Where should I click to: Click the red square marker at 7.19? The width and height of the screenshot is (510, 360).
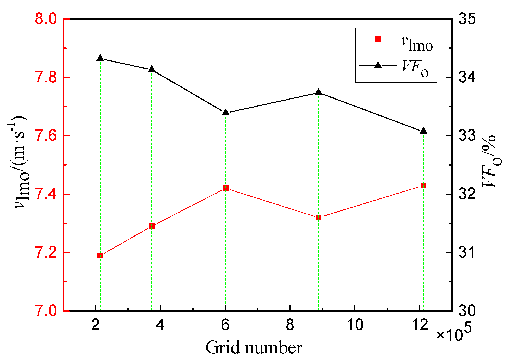(x=100, y=256)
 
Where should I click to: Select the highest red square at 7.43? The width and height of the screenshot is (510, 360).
(x=423, y=185)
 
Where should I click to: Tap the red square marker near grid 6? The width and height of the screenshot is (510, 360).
(x=226, y=188)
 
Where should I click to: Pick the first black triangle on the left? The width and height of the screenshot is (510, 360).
(x=100, y=58)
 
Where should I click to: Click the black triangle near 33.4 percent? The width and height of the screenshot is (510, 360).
(x=226, y=113)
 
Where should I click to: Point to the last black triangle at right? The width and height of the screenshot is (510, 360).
(x=423, y=131)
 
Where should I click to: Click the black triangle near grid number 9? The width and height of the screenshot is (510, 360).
(x=318, y=92)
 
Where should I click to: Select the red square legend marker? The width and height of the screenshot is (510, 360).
(x=378, y=39)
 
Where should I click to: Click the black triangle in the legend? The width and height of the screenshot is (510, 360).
(x=378, y=65)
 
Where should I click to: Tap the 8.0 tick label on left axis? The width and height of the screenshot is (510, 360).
(x=46, y=19)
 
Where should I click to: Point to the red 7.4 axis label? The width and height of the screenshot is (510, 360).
(x=46, y=194)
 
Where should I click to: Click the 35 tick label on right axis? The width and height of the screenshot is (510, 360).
(x=467, y=19)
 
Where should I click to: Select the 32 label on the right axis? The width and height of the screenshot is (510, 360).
(x=467, y=194)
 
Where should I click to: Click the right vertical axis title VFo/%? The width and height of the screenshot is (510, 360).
(x=489, y=162)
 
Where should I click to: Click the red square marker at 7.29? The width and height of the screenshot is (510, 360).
(x=152, y=226)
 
